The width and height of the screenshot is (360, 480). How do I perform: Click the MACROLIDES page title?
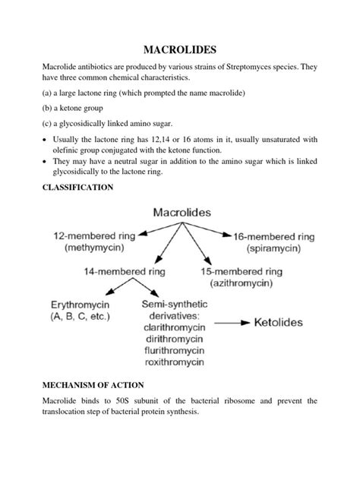179,49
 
